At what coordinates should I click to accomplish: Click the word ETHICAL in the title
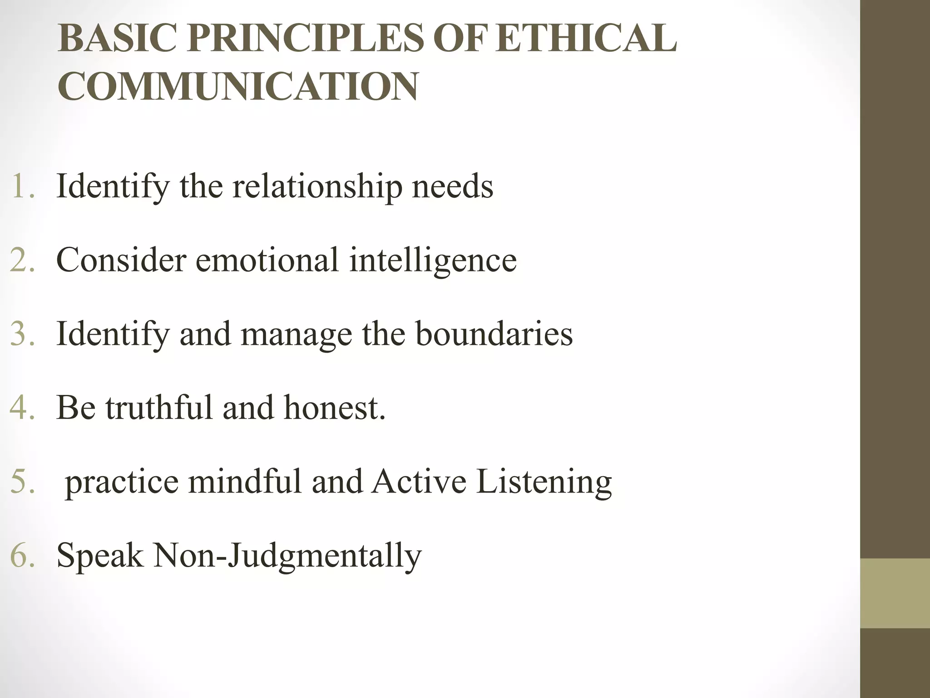[x=586, y=38]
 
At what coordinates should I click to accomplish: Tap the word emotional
[x=267, y=260]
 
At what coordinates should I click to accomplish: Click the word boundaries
[x=494, y=334]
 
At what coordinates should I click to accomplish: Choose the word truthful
[x=159, y=407]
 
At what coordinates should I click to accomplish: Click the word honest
[x=335, y=408]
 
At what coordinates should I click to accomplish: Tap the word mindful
[x=245, y=481]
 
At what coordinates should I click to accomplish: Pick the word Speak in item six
[x=99, y=556]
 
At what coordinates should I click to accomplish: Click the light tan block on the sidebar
[x=895, y=593]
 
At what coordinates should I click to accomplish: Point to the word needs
[x=452, y=187]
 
